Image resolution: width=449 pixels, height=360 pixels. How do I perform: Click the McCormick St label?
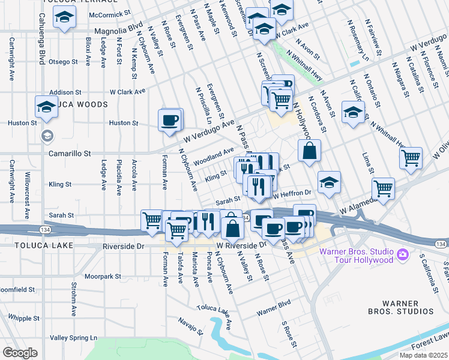pyautogui.click(x=109, y=13)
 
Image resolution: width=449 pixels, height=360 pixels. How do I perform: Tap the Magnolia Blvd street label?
pyautogui.click(x=118, y=29)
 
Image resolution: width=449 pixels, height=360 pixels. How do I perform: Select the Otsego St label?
pyautogui.click(x=64, y=61)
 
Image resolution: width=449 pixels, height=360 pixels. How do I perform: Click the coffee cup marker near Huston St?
pyautogui.click(x=170, y=119)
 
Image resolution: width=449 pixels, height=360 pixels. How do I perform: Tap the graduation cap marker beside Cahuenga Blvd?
pyautogui.click(x=64, y=18)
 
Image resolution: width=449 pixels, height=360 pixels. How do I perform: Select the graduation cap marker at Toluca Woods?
pyautogui.click(x=46, y=106)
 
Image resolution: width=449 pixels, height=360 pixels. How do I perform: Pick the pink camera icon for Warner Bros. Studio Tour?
pyautogui.click(x=403, y=255)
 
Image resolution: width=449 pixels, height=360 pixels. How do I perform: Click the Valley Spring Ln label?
pyautogui.click(x=73, y=338)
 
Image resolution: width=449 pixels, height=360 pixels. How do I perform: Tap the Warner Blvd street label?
pyautogui.click(x=273, y=313)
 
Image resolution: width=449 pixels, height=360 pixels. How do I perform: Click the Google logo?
pyautogui.click(x=20, y=352)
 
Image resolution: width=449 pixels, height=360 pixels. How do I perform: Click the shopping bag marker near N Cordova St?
pyautogui.click(x=309, y=152)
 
